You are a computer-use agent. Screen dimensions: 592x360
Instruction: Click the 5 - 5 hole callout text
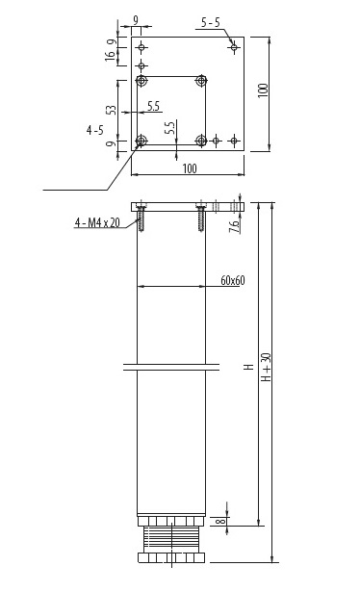(210, 20)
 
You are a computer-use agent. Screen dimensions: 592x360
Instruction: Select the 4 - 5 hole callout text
(94, 127)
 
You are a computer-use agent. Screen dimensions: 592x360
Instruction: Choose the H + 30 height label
(267, 365)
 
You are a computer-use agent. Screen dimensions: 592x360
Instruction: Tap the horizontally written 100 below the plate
(188, 168)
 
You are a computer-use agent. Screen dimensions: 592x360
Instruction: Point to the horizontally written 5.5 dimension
(153, 105)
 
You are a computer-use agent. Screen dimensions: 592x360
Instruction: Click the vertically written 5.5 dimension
(168, 127)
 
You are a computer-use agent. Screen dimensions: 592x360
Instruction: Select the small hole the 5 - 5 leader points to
(234, 45)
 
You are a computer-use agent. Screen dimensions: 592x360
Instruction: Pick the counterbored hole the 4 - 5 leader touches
(141, 142)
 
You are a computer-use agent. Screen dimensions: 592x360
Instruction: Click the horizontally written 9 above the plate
(136, 19)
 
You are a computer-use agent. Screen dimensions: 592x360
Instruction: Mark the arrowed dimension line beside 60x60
(173, 286)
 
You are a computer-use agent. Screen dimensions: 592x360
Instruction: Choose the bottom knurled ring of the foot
(172, 557)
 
